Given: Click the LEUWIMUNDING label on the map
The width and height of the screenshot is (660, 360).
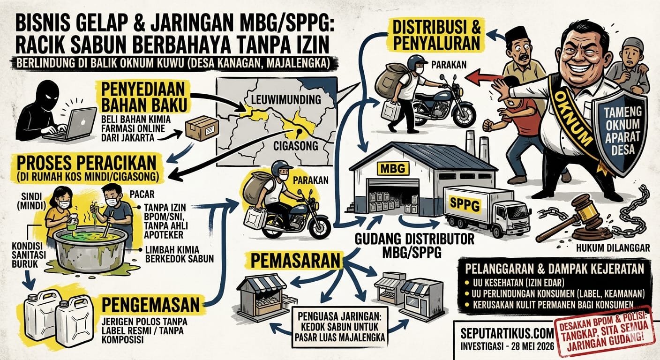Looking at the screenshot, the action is [x=286, y=100].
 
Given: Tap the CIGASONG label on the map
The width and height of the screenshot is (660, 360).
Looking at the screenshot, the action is [x=296, y=146].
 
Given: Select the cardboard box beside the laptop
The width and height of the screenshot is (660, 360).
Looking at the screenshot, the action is [x=202, y=128].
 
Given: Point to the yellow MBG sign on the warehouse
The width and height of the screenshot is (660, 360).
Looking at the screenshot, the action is [x=393, y=168].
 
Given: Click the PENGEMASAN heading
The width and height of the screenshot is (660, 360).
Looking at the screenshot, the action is [x=150, y=305].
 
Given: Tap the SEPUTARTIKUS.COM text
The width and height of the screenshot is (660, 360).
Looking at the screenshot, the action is [x=507, y=333].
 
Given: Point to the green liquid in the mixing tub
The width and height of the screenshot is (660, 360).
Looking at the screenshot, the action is [x=90, y=237].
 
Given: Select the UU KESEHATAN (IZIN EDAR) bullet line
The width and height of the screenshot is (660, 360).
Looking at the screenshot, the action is [x=514, y=283].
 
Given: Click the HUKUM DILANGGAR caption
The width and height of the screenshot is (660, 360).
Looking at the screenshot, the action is [x=613, y=248].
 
